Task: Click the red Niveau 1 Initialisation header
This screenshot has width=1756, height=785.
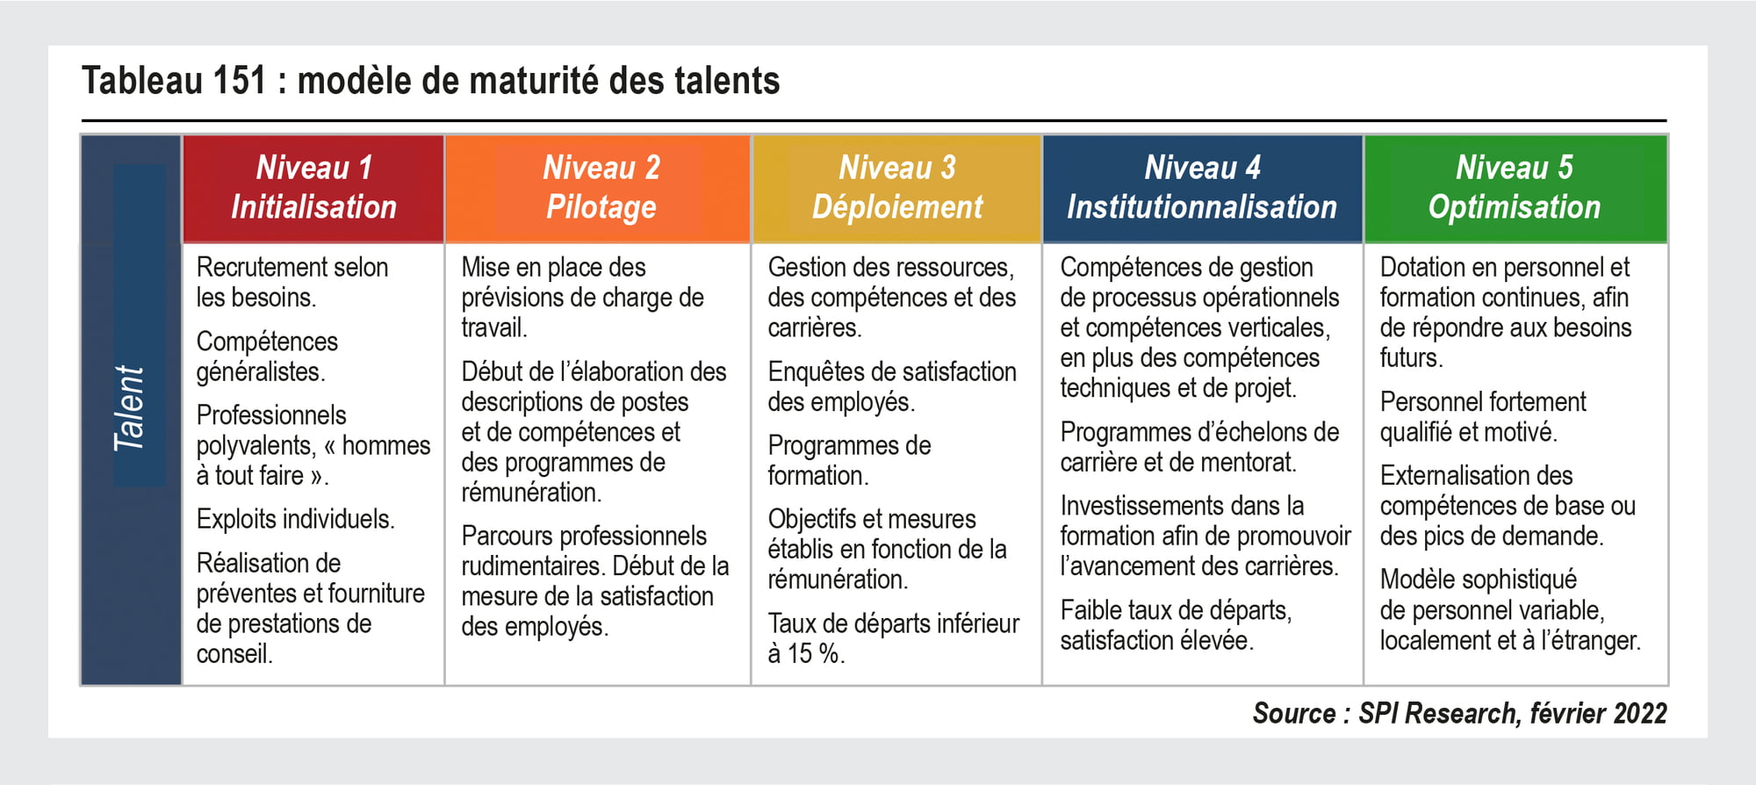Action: [313, 188]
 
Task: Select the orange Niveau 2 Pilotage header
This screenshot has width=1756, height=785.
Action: [598, 188]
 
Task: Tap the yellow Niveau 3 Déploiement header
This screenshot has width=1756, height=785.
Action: [896, 188]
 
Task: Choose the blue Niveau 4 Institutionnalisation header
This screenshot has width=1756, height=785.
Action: [1202, 188]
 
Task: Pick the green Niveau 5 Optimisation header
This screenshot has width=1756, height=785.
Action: [1515, 188]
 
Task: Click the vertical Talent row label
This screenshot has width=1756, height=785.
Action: [129, 408]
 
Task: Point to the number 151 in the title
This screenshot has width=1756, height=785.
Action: [239, 81]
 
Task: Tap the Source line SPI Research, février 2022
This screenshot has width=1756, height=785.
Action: [1459, 713]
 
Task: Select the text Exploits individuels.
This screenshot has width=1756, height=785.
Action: [295, 519]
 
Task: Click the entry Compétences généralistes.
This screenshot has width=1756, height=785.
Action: [267, 356]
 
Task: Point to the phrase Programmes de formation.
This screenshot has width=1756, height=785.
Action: [849, 460]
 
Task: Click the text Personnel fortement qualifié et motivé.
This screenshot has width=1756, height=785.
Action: [1483, 416]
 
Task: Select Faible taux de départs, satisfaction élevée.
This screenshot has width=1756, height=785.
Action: [1176, 624]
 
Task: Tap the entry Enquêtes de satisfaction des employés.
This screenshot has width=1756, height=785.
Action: [892, 386]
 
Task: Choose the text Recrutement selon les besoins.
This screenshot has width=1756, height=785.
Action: [291, 282]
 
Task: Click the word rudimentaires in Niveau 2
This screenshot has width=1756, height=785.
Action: [536, 565]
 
